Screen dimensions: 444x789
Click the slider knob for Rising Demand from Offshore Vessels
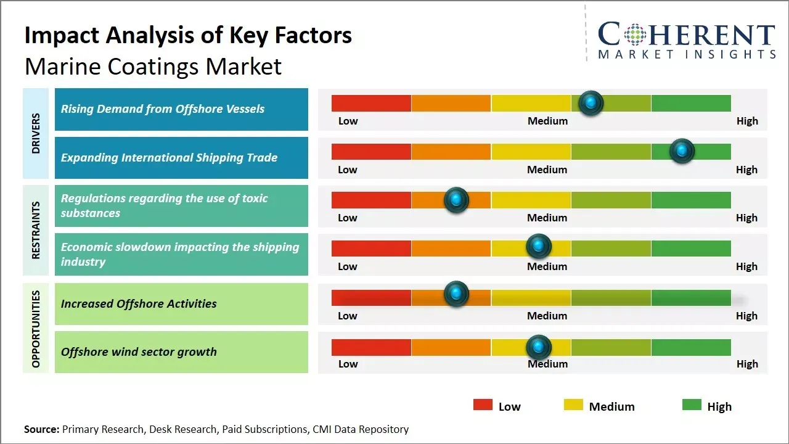[x=591, y=103]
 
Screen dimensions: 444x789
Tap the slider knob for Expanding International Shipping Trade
[x=682, y=151]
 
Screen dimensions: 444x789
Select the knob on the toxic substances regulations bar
[x=456, y=200]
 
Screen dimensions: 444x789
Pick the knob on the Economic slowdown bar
[x=538, y=247]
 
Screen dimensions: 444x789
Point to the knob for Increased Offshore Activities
[x=456, y=294]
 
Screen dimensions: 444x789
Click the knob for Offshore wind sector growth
[x=538, y=347]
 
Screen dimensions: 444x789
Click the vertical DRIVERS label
[x=36, y=133]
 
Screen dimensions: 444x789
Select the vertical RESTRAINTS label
[x=36, y=230]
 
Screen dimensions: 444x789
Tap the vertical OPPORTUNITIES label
[x=36, y=329]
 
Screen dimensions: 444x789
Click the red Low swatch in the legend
[x=483, y=405]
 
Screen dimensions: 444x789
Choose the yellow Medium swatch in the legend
[x=573, y=405]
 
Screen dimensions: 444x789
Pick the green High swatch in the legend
[x=692, y=405]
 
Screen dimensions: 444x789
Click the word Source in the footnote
[x=41, y=429]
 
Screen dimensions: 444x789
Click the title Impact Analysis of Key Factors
[x=188, y=35]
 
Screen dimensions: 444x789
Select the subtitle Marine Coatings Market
[x=153, y=66]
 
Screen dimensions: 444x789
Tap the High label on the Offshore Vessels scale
[x=747, y=121]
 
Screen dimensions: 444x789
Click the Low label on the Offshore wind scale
[x=348, y=364]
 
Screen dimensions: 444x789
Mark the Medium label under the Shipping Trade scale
[x=547, y=170]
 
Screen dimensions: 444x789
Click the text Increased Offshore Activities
[x=139, y=303]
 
